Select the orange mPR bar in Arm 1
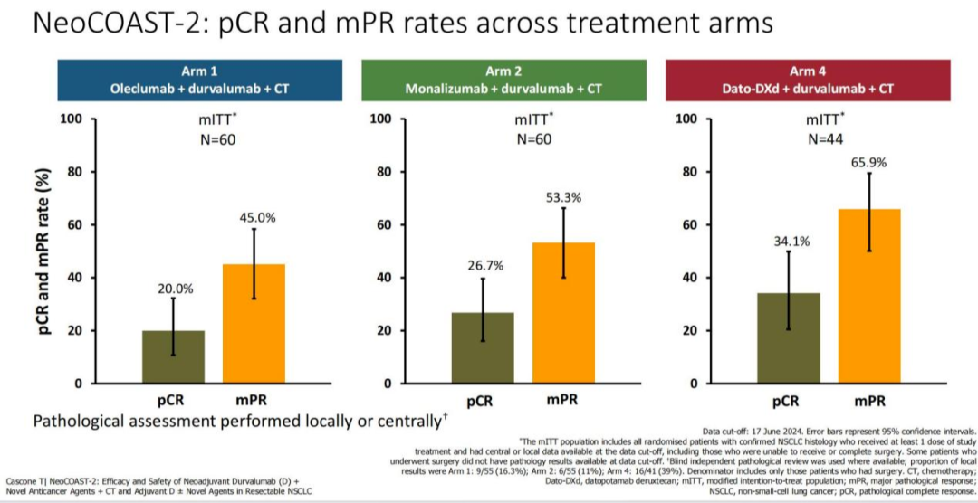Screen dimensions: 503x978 (x=254, y=323)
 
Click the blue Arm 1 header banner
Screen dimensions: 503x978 (x=199, y=80)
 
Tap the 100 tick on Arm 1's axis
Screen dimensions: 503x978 (x=72, y=119)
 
